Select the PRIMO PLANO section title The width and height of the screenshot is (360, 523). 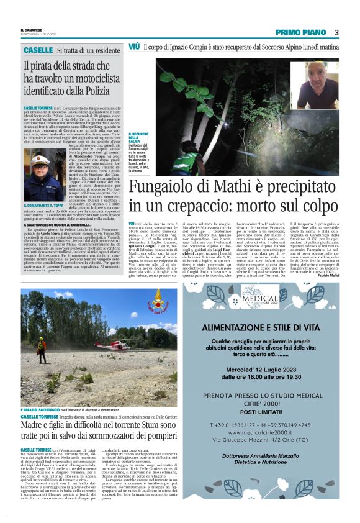click(302, 32)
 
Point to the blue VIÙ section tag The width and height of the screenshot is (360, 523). click(134, 47)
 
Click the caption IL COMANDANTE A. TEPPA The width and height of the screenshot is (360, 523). click(43, 205)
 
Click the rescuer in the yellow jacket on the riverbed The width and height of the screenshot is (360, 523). click(41, 343)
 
